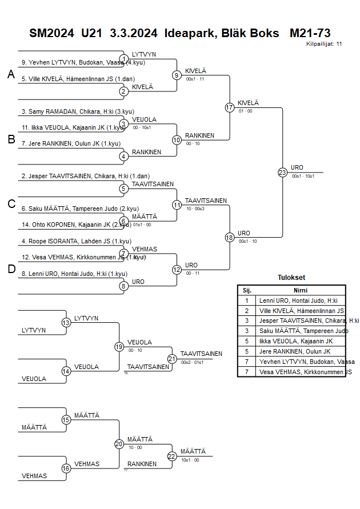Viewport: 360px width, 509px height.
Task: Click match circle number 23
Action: tap(282, 172)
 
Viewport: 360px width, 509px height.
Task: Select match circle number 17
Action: tap(230, 107)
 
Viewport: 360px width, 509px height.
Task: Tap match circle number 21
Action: tap(172, 358)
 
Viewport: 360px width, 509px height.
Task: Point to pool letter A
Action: tap(10, 74)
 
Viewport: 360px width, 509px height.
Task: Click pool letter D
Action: tap(11, 270)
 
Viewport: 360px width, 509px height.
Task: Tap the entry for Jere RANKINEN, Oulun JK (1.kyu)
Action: tap(67, 143)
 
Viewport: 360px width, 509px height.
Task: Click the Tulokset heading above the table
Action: tap(291, 278)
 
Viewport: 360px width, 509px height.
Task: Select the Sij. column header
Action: tap(247, 290)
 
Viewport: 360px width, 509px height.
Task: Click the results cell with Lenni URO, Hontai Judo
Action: tap(298, 300)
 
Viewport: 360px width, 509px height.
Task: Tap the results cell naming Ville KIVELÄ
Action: tap(301, 310)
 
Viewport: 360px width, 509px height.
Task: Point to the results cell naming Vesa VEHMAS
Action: tap(305, 372)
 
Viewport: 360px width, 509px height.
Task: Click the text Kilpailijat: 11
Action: tap(324, 43)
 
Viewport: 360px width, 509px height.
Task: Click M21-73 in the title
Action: tap(310, 33)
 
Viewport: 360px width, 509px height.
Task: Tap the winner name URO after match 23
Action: tap(297, 167)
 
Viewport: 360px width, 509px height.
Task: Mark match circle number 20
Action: tap(119, 444)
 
